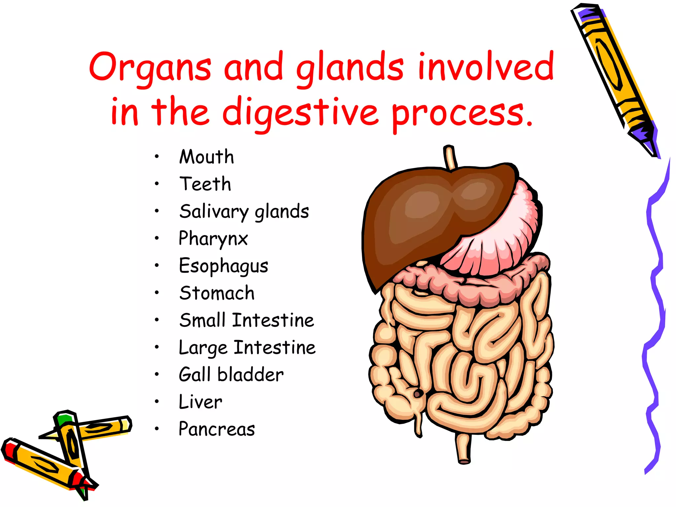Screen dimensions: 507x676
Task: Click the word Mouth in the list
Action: (207, 157)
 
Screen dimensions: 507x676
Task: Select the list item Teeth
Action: (205, 184)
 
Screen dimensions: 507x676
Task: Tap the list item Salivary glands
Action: (244, 212)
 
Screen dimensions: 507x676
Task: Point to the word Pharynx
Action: (213, 239)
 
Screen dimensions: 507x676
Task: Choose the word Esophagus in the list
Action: (223, 266)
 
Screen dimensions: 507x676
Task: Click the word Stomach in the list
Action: (217, 293)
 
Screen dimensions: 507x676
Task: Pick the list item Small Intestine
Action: (247, 320)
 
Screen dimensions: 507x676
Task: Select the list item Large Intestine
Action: (247, 348)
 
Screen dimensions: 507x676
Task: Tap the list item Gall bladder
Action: (231, 375)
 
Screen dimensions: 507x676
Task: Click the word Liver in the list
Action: (200, 402)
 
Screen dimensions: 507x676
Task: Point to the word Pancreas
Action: (217, 429)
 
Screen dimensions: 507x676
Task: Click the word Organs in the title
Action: (150, 68)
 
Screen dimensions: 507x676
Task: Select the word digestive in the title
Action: (300, 113)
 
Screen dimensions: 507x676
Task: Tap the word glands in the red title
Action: (350, 68)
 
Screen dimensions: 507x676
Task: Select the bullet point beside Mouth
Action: (157, 157)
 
